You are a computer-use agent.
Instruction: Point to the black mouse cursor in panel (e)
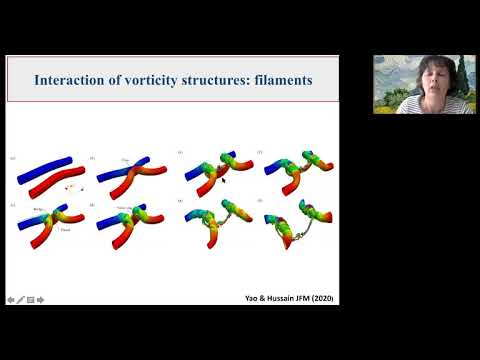(x=222, y=180)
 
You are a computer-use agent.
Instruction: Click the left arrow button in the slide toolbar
(x=10, y=298)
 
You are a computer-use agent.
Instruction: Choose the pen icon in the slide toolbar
(x=20, y=298)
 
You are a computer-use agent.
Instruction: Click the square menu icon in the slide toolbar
(x=30, y=298)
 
